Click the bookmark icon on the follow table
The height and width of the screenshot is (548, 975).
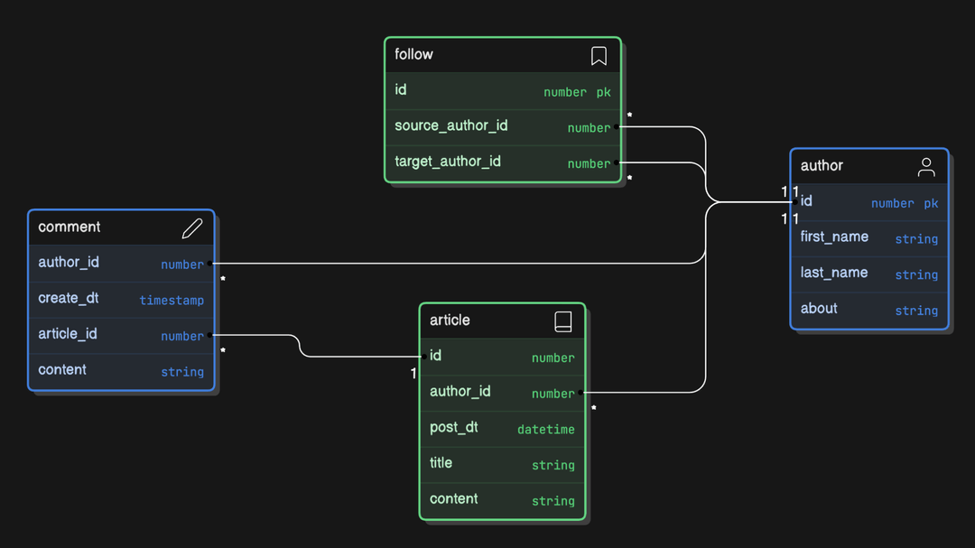coord(599,56)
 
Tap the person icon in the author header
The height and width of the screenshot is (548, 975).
coord(926,167)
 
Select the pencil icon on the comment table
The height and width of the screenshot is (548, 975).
coord(192,228)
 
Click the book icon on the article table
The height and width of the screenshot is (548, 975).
coord(562,321)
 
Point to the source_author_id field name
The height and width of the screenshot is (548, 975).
coord(450,125)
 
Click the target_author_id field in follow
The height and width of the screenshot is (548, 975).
coord(447,162)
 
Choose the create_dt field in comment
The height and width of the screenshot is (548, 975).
coord(69,298)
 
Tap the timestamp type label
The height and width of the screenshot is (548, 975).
coord(172,301)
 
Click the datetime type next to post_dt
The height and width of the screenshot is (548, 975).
coord(545,430)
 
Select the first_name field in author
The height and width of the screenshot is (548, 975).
coord(834,237)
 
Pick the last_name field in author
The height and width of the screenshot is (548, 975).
coord(833,273)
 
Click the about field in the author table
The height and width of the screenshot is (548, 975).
coord(819,309)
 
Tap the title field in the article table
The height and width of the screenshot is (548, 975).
coord(441,463)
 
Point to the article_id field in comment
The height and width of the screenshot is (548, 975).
coord(68,334)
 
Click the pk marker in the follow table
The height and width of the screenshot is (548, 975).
coord(603,92)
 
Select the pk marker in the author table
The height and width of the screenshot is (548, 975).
coord(931,204)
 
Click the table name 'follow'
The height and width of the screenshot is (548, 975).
coord(413,54)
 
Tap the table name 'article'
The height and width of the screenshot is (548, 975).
coord(450,320)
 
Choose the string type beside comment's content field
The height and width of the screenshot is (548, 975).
coord(182,372)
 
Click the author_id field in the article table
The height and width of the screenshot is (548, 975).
coord(460,391)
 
